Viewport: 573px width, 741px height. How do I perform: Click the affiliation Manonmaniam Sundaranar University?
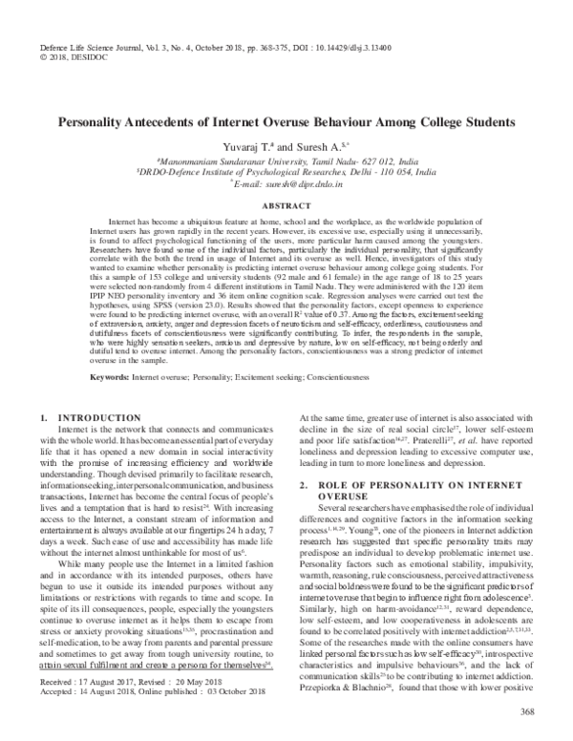[226, 164]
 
